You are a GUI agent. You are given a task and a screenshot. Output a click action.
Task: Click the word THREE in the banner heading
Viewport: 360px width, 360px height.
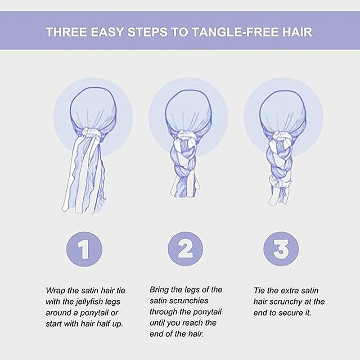[x=66, y=31]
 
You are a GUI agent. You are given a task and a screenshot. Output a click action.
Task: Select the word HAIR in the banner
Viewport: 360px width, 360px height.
[x=297, y=31]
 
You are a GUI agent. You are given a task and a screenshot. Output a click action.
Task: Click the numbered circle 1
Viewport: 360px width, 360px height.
[x=84, y=249]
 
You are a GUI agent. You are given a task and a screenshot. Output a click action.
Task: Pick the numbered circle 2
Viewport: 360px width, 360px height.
[x=185, y=249]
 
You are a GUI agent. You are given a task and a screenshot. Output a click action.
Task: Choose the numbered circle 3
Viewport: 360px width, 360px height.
[x=281, y=249]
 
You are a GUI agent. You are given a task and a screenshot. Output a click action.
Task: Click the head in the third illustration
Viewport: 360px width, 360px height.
[x=283, y=112]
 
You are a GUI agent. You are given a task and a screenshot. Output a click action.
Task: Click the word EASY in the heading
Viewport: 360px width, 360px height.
[x=107, y=31]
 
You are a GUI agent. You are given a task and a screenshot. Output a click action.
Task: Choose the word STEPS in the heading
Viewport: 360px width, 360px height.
[x=148, y=31]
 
